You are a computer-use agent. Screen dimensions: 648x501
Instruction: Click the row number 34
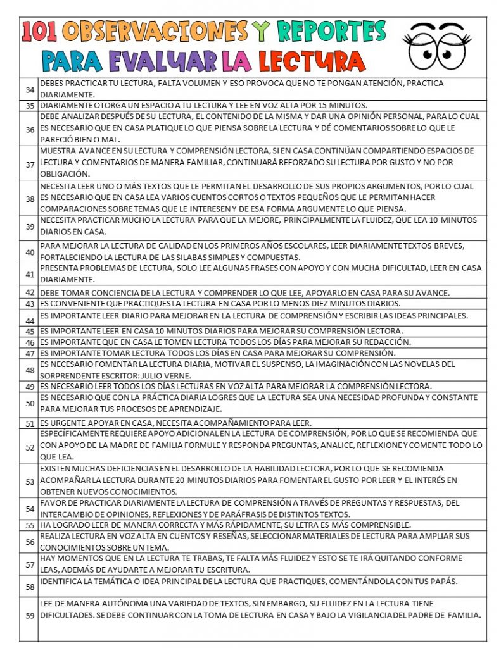tap(30, 90)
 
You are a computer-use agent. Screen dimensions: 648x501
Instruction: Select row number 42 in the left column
tap(30, 293)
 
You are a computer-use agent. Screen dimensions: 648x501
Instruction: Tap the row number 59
tap(30, 615)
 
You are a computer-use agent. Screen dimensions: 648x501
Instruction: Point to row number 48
tap(30, 370)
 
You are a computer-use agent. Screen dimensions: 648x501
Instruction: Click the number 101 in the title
tap(40, 32)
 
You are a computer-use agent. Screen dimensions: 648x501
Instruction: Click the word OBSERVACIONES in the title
tap(155, 32)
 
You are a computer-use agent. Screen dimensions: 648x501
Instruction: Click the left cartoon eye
tap(421, 51)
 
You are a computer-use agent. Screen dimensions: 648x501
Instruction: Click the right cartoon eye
tap(455, 51)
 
